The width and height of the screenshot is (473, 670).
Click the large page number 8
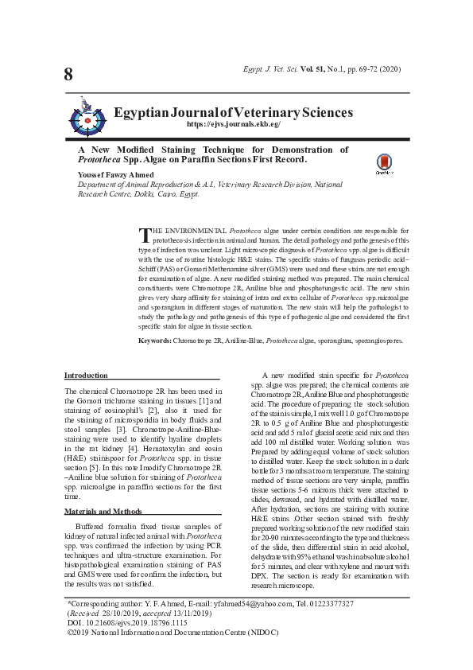68,75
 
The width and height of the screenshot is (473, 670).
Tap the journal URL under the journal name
234,125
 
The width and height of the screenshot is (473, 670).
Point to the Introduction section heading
86,375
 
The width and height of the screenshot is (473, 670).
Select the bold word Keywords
155,340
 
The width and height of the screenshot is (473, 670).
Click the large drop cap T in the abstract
145,235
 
